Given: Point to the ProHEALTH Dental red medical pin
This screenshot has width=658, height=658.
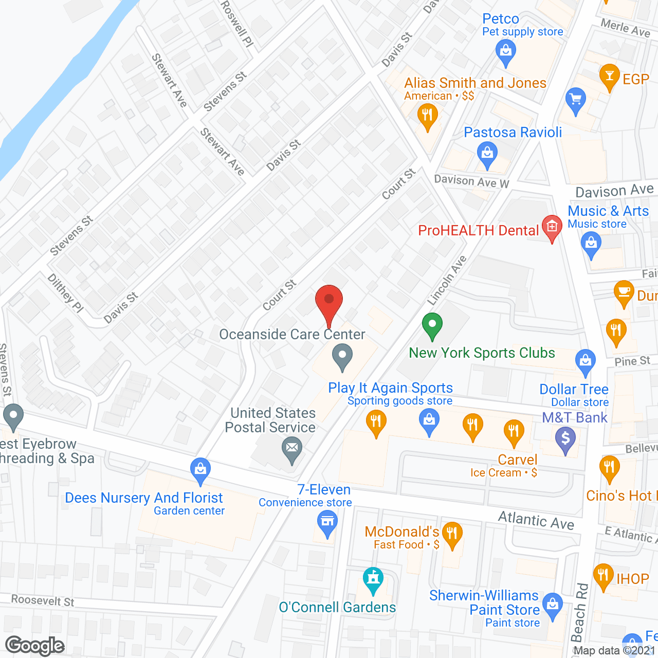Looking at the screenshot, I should [552, 227].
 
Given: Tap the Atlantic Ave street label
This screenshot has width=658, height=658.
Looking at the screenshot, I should [536, 521].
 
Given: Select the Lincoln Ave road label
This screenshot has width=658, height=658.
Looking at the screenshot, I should [447, 280].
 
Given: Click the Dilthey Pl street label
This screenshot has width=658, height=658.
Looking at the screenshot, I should [65, 293].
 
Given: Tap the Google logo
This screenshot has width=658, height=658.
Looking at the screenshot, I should [34, 646].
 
